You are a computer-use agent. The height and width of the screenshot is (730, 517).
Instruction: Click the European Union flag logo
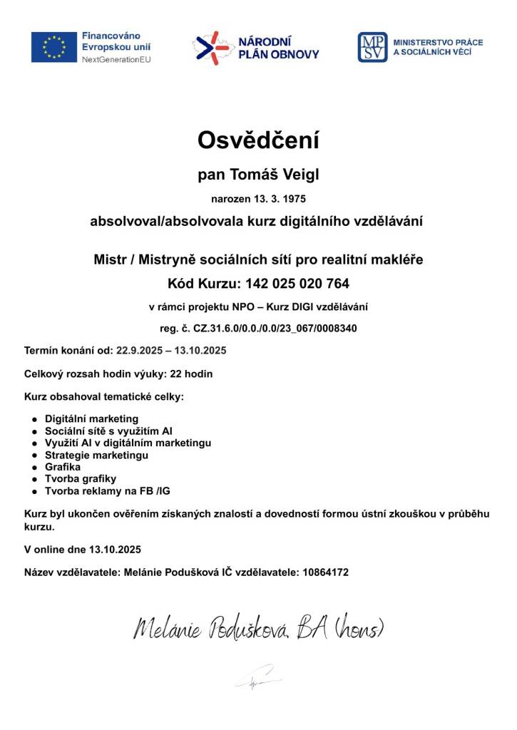coord(54,47)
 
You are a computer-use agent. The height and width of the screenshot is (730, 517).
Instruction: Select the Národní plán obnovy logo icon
coord(211,47)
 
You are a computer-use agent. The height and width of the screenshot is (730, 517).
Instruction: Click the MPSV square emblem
coord(372,47)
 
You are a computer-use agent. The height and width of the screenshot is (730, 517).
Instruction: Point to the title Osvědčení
coord(258,140)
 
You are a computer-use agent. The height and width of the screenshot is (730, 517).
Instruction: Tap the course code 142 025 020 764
coord(297,284)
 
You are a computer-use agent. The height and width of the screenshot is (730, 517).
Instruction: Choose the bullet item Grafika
coord(63,467)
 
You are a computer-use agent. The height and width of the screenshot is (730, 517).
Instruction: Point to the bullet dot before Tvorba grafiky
coord(34,480)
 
